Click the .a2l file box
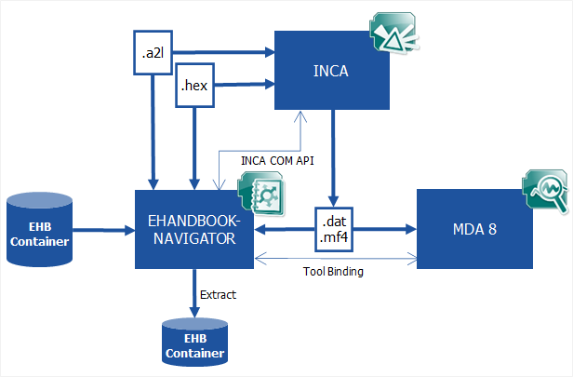pyautogui.click(x=153, y=53)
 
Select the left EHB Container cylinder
pyautogui.click(x=40, y=230)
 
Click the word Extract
pyautogui.click(x=218, y=295)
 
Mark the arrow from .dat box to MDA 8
pyautogui.click(x=391, y=230)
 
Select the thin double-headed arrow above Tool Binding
pyautogui.click(x=335, y=258)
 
